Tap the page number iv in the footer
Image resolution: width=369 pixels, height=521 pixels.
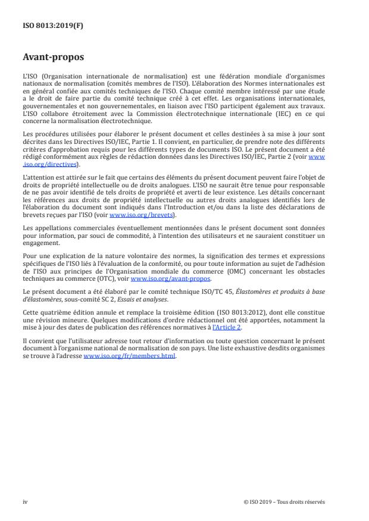[25, 501]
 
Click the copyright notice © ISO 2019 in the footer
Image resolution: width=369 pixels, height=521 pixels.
[284, 501]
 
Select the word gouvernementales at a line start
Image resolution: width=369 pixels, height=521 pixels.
[46, 124]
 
